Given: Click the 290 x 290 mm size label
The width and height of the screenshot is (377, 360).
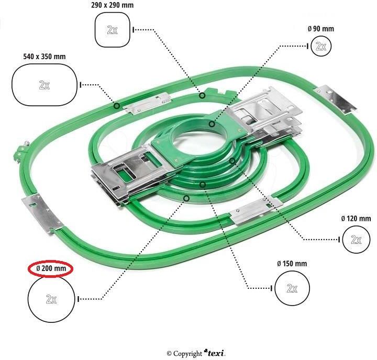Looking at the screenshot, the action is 112,5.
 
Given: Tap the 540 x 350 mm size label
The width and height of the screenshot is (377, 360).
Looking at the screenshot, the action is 45,57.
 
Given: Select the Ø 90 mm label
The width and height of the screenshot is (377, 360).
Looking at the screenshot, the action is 321,29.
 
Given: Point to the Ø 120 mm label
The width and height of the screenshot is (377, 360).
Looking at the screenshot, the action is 356,218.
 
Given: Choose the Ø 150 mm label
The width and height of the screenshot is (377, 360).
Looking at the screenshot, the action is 292,264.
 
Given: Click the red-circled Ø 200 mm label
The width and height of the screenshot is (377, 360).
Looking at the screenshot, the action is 51,268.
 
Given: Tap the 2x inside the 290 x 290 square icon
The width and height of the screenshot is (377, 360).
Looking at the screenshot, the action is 112,30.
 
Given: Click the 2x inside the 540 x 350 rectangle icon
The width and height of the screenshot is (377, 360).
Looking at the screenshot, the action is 44,85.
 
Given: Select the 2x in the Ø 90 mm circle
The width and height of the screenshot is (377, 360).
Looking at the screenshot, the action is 321,46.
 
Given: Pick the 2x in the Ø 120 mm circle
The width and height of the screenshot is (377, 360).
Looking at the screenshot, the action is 356,240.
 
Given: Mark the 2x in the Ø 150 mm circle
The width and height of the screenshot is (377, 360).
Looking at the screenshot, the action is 292,288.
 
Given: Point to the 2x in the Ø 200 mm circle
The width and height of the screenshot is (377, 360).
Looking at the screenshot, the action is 51,299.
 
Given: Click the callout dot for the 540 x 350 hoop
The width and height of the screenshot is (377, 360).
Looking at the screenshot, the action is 117,106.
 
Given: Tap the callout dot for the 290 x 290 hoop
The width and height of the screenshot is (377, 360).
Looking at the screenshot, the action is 203,96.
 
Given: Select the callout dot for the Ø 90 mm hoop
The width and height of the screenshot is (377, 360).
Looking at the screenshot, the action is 212,124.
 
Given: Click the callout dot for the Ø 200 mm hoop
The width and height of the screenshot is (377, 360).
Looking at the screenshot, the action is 186,198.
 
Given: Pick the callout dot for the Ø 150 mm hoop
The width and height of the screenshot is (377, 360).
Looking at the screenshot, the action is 203,185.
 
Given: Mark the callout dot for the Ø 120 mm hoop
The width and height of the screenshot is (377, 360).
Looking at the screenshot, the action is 232,161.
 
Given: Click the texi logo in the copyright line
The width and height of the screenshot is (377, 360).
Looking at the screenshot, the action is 215,353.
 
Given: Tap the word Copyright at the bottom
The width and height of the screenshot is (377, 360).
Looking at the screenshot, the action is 187,354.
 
